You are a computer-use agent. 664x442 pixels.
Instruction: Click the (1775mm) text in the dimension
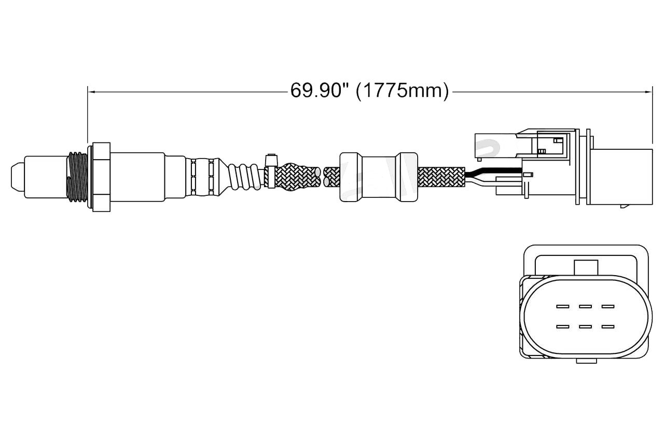pyautogui.click(x=402, y=91)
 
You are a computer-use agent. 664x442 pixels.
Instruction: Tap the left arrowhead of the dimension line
pyautogui.click(x=91, y=92)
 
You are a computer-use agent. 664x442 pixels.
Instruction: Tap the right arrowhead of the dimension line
pyautogui.click(x=649, y=92)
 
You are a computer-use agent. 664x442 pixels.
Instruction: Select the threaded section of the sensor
pyautogui.click(x=77, y=177)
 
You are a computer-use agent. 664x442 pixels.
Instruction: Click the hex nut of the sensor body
pyautogui.click(x=101, y=177)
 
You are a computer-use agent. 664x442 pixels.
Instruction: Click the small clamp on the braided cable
pyautogui.click(x=271, y=171)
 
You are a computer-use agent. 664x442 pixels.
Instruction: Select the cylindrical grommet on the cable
pyautogui.click(x=379, y=177)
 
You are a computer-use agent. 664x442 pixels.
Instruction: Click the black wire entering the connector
pyautogui.click(x=493, y=171)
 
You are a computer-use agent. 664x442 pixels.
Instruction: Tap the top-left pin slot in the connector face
pyautogui.click(x=562, y=306)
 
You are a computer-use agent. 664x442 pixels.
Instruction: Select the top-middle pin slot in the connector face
pyautogui.click(x=585, y=306)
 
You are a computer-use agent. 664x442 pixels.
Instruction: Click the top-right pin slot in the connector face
pyautogui.click(x=607, y=306)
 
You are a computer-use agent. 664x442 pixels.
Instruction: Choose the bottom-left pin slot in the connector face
pyautogui.click(x=562, y=327)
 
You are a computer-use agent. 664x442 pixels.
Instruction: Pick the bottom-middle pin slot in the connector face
pyautogui.click(x=585, y=327)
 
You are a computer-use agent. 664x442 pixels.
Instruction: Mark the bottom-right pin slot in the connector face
pyautogui.click(x=607, y=327)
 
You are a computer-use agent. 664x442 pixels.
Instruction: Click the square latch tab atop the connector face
pyautogui.click(x=586, y=267)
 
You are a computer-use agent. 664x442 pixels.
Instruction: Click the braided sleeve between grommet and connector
pyautogui.click(x=441, y=177)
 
